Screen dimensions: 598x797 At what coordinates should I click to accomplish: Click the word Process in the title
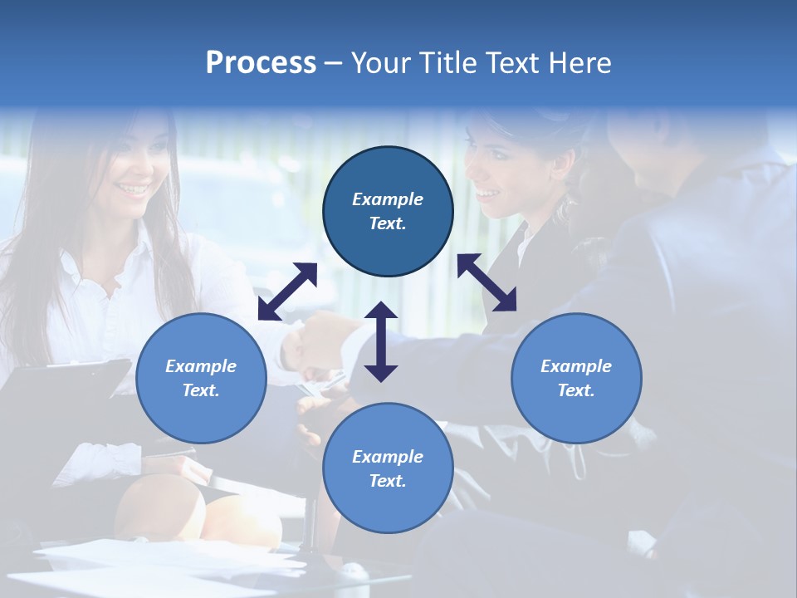(261, 63)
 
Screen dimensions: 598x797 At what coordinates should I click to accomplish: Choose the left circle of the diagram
(201, 378)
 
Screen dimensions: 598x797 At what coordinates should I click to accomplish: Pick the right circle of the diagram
(576, 378)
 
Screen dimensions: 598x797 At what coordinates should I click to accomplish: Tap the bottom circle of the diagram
(388, 468)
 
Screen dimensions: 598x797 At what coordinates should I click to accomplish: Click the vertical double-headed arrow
(381, 341)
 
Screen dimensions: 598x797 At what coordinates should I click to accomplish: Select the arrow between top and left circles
(287, 292)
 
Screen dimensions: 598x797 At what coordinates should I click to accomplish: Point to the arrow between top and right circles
(487, 282)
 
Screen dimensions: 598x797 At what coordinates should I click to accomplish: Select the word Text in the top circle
(388, 223)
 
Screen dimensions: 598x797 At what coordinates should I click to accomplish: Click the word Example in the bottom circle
(388, 456)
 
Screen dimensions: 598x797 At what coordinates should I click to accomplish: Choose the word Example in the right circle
(576, 365)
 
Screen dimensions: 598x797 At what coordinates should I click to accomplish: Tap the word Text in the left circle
(201, 390)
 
